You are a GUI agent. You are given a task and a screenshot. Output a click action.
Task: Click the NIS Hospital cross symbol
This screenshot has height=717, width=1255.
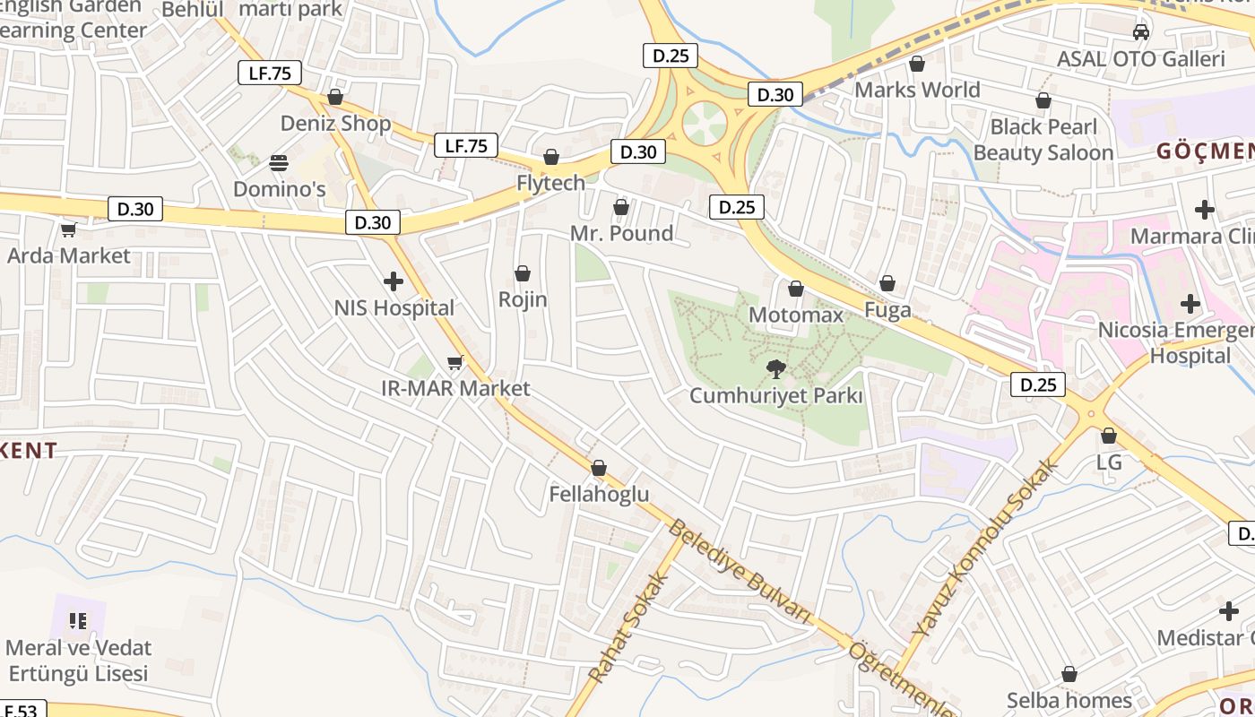point(393,282)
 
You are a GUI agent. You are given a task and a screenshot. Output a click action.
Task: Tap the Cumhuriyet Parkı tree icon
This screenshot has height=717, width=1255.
point(775,367)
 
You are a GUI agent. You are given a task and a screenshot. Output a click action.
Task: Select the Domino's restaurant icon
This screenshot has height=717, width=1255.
point(279,163)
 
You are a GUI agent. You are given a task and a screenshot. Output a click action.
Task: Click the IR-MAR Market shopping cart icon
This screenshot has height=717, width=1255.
point(454,362)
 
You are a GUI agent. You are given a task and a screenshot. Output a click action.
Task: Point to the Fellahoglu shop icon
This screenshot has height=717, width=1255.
point(599,468)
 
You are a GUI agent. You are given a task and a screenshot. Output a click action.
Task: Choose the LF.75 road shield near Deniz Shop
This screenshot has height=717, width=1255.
point(269,73)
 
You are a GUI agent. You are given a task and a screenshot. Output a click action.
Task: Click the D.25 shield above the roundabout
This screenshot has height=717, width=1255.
point(671,56)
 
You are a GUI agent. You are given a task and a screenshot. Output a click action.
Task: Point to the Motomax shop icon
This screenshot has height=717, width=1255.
point(795,289)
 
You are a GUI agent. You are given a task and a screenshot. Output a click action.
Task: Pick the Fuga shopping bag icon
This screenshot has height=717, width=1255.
point(887,284)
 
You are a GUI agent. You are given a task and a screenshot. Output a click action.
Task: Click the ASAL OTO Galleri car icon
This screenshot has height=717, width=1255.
point(1140,32)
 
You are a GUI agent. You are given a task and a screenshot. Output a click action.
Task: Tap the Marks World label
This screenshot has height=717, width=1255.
point(917,90)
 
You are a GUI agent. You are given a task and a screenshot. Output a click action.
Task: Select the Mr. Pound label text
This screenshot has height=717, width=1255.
point(621,234)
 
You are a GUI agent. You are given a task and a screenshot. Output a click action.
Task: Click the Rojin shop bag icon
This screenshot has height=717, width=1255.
point(523,273)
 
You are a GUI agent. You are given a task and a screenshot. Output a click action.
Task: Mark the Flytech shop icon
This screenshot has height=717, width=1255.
point(551,158)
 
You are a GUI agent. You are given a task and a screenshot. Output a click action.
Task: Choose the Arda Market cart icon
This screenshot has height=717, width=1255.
point(68,229)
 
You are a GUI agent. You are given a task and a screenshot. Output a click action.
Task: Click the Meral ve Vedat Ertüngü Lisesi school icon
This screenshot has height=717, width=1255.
point(78,620)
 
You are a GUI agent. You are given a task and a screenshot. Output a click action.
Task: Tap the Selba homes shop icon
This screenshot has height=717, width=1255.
point(1069,674)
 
